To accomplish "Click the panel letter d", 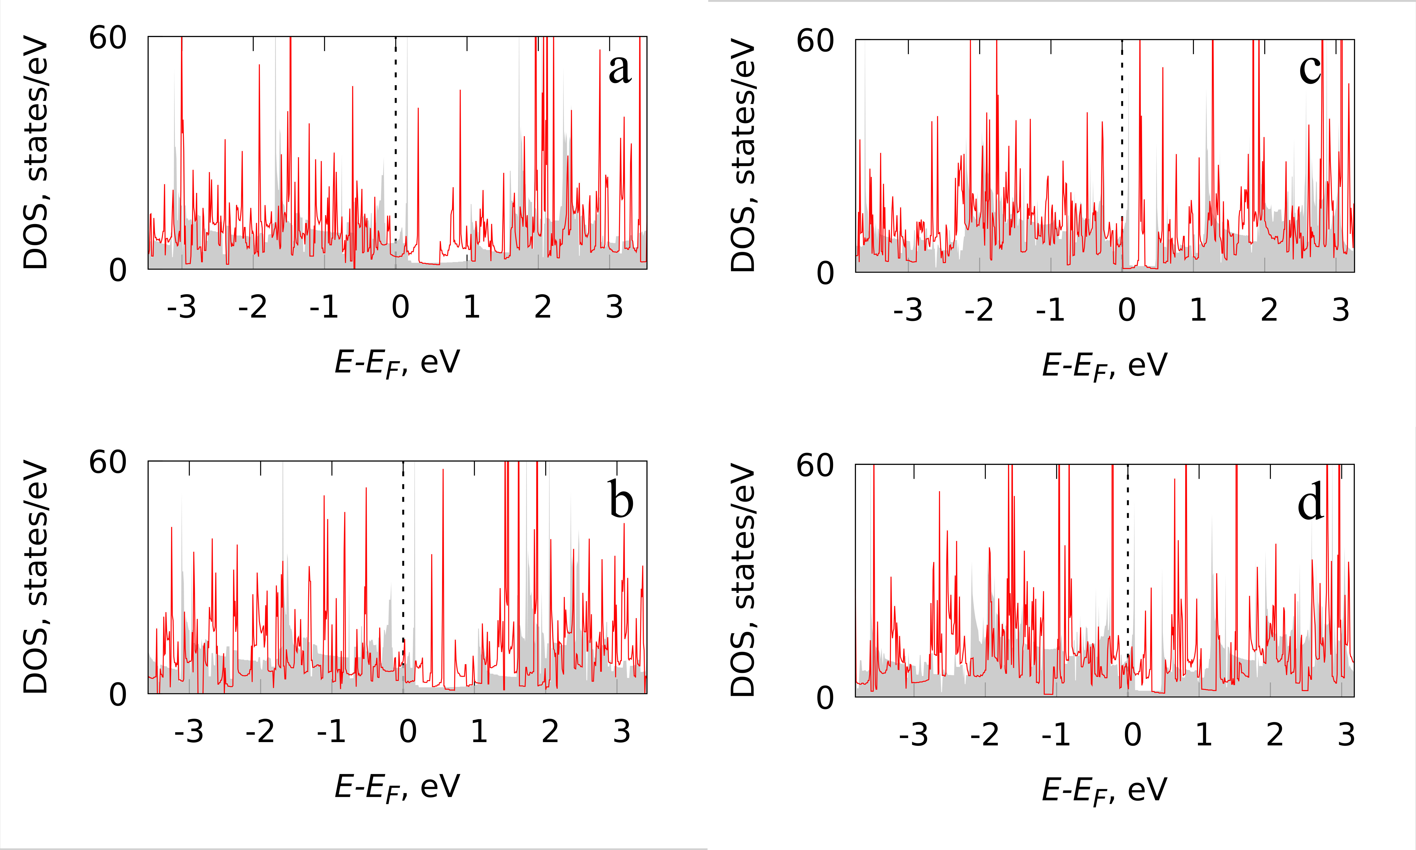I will pos(1311,502).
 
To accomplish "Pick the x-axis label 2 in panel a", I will pos(543,308).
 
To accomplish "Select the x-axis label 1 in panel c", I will pos(1198,310).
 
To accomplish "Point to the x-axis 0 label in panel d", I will pos(1132,735).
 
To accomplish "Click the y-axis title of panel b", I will pos(35,577).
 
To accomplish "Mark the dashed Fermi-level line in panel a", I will pos(396,143).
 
